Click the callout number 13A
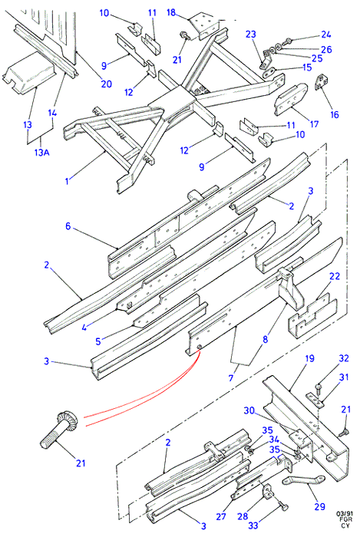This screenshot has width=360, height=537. (x=41, y=152)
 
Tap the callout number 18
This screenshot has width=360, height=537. (x=171, y=13)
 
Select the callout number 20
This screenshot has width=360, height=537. (x=106, y=84)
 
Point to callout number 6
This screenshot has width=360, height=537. (x=68, y=226)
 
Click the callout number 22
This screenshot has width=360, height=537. (x=335, y=276)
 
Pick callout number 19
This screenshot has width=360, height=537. (x=309, y=358)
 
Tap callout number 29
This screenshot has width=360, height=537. (x=319, y=506)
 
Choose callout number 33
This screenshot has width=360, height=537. (x=253, y=524)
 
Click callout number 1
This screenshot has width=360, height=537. (x=67, y=181)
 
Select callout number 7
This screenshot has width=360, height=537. (x=231, y=377)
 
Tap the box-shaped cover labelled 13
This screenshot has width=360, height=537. (x=28, y=77)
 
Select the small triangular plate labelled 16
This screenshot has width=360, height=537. (x=322, y=82)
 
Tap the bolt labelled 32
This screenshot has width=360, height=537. (x=319, y=388)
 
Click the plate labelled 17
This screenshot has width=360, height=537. (x=290, y=99)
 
